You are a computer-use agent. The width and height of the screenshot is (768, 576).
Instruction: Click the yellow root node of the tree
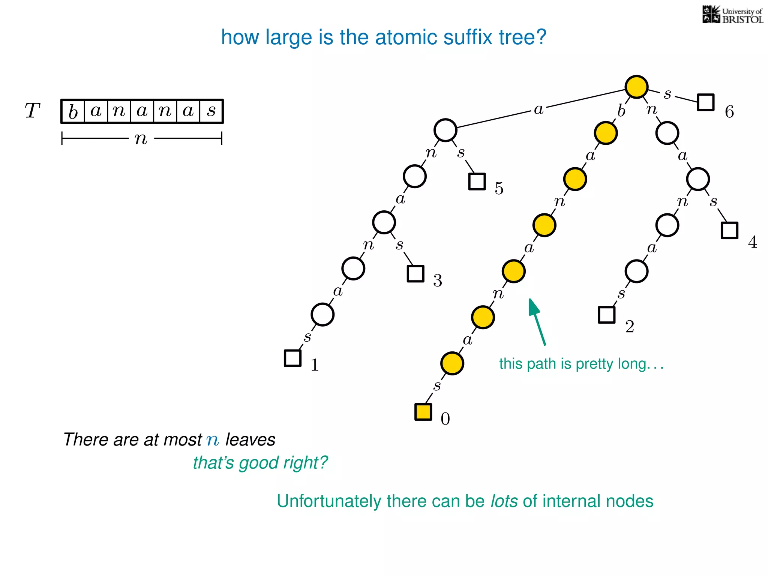pos(636,87)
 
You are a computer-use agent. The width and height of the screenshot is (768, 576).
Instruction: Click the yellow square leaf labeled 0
pos(423,412)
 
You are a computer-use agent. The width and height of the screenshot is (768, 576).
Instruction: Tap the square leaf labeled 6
pos(705,102)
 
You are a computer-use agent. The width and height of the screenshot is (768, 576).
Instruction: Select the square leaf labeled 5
pos(477,181)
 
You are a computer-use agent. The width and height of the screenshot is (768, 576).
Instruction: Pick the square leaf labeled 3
pos(415,273)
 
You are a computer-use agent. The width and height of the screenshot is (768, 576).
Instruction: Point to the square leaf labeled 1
pos(292,358)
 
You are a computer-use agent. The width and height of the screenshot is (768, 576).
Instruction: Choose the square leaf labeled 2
pos(606,315)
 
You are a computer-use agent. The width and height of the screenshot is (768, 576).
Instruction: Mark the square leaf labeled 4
pos(729,230)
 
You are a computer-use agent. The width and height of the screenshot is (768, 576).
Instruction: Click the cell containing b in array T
pos(73,111)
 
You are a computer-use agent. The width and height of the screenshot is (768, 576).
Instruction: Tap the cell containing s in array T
pos(211,111)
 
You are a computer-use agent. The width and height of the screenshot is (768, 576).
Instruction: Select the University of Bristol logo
pos(732,15)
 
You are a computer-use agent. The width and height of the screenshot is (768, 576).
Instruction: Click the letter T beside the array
pos(32,111)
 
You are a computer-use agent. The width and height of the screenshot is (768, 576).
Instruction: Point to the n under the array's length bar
pos(141,139)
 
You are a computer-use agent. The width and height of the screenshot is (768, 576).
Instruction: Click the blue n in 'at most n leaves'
pos(213,440)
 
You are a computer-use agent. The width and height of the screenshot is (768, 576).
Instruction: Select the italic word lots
pos(504,501)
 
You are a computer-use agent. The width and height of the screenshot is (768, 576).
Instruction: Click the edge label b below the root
pos(621,111)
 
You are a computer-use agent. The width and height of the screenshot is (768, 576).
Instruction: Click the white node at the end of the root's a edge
pos(445,130)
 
